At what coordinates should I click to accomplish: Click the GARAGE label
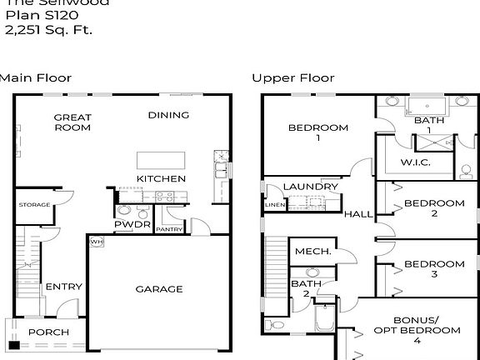tap(158, 289)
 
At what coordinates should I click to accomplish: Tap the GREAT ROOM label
tap(72, 122)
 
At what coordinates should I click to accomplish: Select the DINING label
tap(168, 115)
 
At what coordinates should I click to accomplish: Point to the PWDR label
tap(132, 225)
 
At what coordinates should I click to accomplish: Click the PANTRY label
tap(169, 229)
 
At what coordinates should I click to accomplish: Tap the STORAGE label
tap(34, 205)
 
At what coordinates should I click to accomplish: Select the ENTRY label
tap(63, 287)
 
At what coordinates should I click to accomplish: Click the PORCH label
tap(48, 332)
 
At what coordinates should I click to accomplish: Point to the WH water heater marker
tap(96, 242)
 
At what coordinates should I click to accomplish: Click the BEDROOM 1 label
tap(317, 132)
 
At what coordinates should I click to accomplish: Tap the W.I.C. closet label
tap(415, 162)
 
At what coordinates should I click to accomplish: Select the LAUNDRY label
tap(310, 187)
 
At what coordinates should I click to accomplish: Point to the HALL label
tap(358, 214)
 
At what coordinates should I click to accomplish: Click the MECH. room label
tap(313, 251)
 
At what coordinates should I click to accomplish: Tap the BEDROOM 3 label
tap(433, 269)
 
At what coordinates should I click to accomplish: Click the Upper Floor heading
tap(293, 78)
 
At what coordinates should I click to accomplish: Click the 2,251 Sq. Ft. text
tap(48, 30)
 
